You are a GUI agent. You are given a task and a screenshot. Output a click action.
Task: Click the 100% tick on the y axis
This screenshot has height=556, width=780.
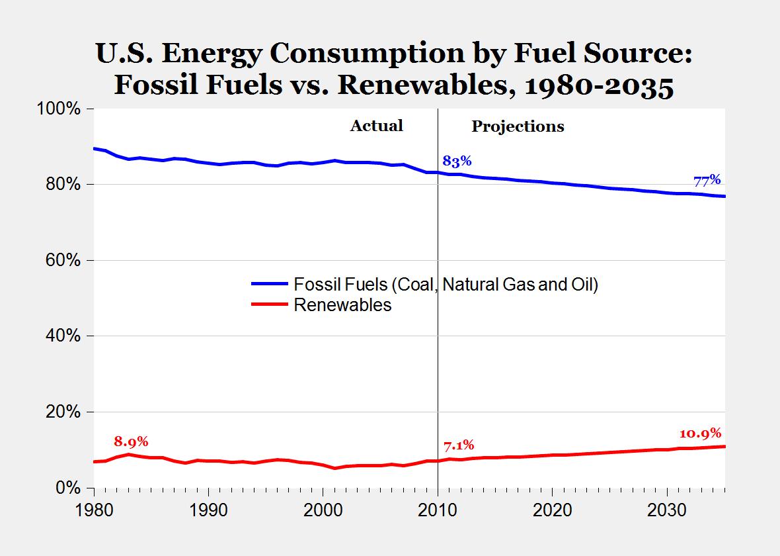click(x=61, y=109)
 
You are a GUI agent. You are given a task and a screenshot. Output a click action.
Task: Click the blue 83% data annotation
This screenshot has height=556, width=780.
click(x=456, y=161)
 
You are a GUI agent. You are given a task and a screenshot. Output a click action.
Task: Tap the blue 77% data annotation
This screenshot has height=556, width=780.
click(x=707, y=180)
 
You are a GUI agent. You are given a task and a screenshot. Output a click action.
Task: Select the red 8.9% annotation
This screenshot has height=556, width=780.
click(x=131, y=441)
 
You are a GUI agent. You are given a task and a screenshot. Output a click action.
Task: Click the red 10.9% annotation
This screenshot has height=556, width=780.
click(x=700, y=434)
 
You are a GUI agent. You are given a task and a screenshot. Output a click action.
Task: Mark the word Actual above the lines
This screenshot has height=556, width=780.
click(x=376, y=126)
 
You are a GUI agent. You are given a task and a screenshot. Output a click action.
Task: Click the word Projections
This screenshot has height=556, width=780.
click(x=518, y=126)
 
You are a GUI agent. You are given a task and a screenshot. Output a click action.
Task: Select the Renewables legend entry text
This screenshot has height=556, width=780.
click(x=342, y=305)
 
